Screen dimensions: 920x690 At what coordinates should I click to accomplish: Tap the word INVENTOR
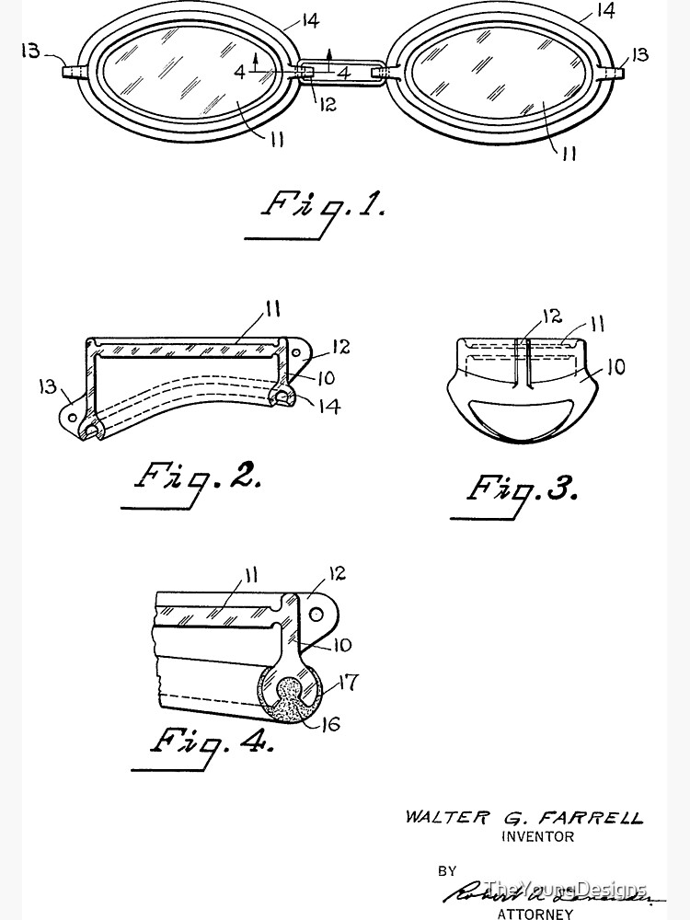pyautogui.click(x=537, y=836)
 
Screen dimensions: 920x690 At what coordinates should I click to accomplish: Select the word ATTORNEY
pyautogui.click(x=535, y=914)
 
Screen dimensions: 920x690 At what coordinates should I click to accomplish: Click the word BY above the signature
pyautogui.click(x=447, y=869)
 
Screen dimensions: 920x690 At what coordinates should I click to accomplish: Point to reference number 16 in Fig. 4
pyautogui.click(x=329, y=725)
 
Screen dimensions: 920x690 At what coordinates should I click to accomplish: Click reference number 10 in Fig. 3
pyautogui.click(x=615, y=367)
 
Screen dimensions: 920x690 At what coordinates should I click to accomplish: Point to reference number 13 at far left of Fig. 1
pyautogui.click(x=29, y=51)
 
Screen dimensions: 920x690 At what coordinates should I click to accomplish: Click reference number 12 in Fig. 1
pyautogui.click(x=328, y=104)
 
